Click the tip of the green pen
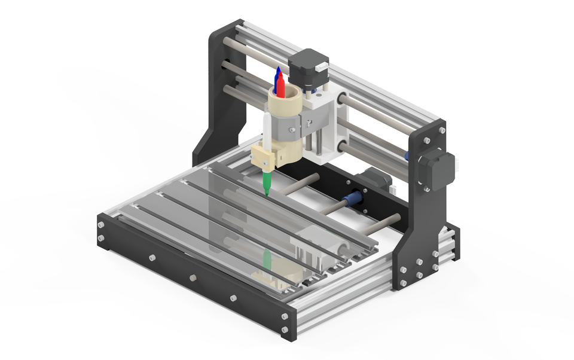[x=267, y=194]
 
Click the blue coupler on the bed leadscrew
[x=352, y=200]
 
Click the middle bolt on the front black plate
[x=193, y=277]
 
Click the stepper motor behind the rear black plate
[x=377, y=179]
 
